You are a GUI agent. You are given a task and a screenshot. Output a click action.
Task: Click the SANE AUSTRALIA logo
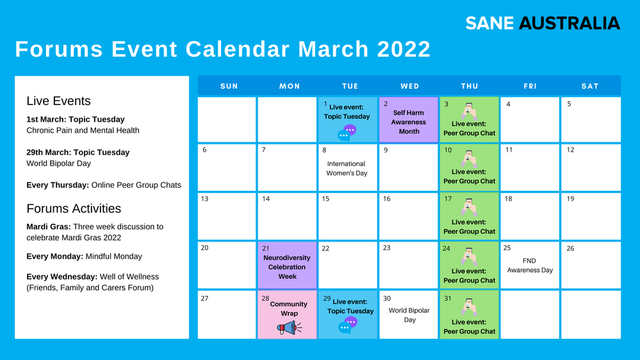(543, 23)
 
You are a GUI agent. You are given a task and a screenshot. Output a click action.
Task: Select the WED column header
(409, 86)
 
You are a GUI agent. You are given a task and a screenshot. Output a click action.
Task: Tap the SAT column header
(590, 86)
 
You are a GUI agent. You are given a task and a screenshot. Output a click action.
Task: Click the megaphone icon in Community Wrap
(289, 327)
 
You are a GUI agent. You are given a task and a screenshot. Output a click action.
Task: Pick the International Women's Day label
(347, 168)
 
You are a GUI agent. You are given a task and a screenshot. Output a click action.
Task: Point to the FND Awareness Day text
(530, 265)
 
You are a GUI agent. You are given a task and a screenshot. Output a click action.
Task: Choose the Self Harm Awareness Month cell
(409, 120)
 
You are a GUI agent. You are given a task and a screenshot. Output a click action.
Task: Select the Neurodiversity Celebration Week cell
(287, 265)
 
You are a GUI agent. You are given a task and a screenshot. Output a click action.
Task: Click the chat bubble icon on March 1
(347, 133)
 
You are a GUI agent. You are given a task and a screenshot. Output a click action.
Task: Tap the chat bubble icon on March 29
(348, 325)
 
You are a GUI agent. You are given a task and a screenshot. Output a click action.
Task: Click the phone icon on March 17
(469, 207)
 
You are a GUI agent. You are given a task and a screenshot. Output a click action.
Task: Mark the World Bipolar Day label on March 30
(409, 315)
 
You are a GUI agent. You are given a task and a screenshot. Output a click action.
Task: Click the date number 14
(266, 199)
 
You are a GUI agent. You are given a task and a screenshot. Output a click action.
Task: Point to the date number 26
(570, 248)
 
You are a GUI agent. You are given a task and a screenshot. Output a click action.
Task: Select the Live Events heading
(58, 101)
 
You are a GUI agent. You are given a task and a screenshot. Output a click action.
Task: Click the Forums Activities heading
(74, 209)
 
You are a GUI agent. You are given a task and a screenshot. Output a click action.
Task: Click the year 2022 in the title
(404, 49)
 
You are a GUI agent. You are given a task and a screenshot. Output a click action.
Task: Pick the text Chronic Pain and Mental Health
(83, 130)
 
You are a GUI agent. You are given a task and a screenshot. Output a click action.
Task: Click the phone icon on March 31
(469, 307)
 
